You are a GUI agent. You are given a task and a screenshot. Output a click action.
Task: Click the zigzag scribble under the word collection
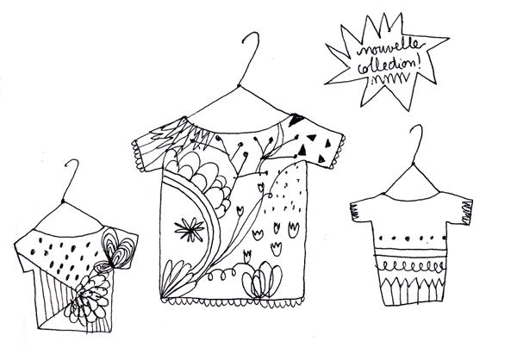(390, 79)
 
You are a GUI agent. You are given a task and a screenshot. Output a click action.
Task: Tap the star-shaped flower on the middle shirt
(190, 229)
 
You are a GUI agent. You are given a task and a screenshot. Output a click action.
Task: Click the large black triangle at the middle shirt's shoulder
(296, 120)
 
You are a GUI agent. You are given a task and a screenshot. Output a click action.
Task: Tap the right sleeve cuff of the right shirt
(466, 213)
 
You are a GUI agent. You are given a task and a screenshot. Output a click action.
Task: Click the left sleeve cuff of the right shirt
(354, 212)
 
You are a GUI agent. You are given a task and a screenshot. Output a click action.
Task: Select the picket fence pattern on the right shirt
(412, 291)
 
